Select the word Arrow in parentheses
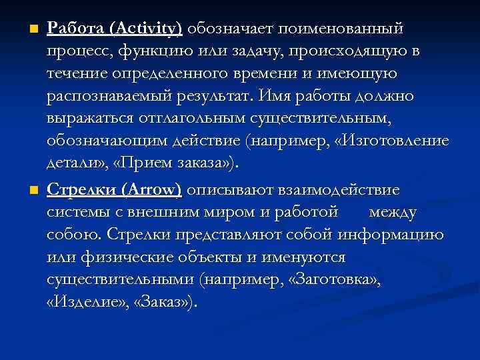(x=152, y=190)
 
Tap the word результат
(x=211, y=97)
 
